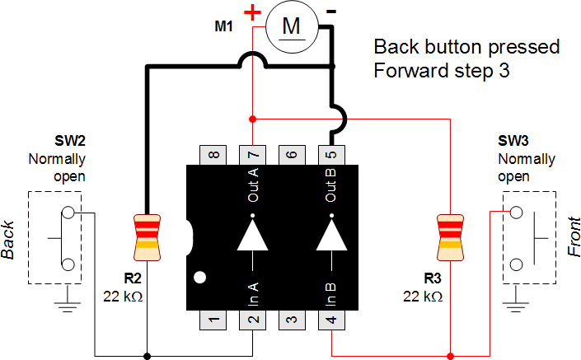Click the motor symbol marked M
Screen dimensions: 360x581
[292, 26]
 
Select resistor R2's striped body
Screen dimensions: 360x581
[147, 231]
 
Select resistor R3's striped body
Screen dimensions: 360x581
[450, 231]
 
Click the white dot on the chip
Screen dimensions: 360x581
[199, 277]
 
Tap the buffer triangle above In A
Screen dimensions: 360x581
[252, 235]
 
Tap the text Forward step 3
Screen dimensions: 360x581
[443, 70]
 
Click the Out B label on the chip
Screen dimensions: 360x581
[331, 185]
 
